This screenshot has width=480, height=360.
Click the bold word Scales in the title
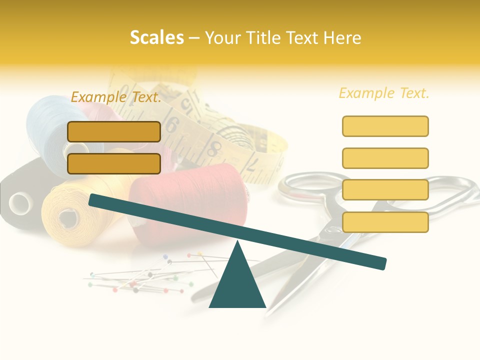click(x=156, y=38)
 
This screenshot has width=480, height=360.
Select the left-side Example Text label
click(x=116, y=97)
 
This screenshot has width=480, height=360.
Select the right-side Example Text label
click(x=384, y=93)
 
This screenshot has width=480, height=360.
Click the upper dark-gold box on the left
click(x=114, y=131)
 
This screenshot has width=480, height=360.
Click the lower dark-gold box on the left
click(x=114, y=163)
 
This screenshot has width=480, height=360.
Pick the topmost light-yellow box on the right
click(x=385, y=126)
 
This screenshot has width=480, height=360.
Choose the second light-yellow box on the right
click(x=385, y=158)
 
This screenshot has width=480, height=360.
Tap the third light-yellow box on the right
click(x=385, y=190)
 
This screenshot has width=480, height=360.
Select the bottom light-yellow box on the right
click(x=385, y=222)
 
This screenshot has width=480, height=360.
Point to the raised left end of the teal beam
click(x=95, y=200)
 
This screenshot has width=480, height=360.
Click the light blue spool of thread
click(x=47, y=125)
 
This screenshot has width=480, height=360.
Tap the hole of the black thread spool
click(x=20, y=203)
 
